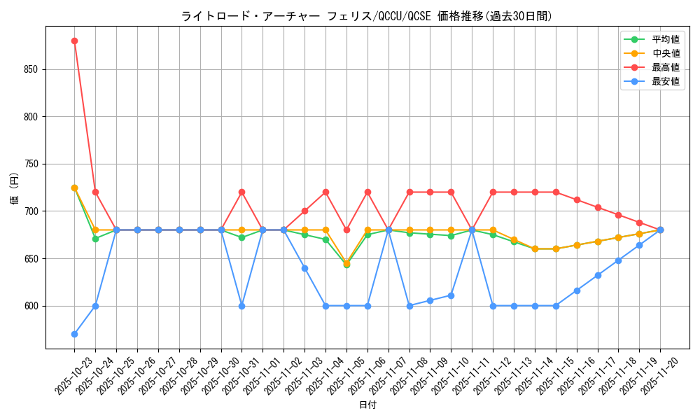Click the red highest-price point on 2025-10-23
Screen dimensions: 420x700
[x=74, y=41]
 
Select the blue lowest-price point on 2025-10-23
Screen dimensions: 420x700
[x=74, y=334]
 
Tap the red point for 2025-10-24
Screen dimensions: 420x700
[x=95, y=192]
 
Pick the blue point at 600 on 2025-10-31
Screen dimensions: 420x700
[x=241, y=306]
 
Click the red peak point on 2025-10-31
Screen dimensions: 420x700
[x=241, y=192]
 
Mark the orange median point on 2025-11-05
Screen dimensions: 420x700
[x=346, y=263]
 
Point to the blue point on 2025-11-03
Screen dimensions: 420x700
[x=304, y=268]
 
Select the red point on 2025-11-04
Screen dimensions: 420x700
[x=325, y=192]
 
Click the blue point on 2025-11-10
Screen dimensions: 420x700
[x=451, y=295]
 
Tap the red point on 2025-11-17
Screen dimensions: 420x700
[x=598, y=207]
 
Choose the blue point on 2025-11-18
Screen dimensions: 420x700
[x=618, y=260]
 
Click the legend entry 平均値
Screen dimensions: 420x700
[x=665, y=39]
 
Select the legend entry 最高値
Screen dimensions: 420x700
[x=665, y=67]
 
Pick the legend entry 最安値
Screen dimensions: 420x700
[x=665, y=81]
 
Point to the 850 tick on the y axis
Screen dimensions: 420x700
[x=31, y=69]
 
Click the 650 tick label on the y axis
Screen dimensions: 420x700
[x=31, y=258]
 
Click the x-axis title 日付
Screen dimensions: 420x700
[x=367, y=405]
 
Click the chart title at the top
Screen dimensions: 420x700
[x=367, y=15]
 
